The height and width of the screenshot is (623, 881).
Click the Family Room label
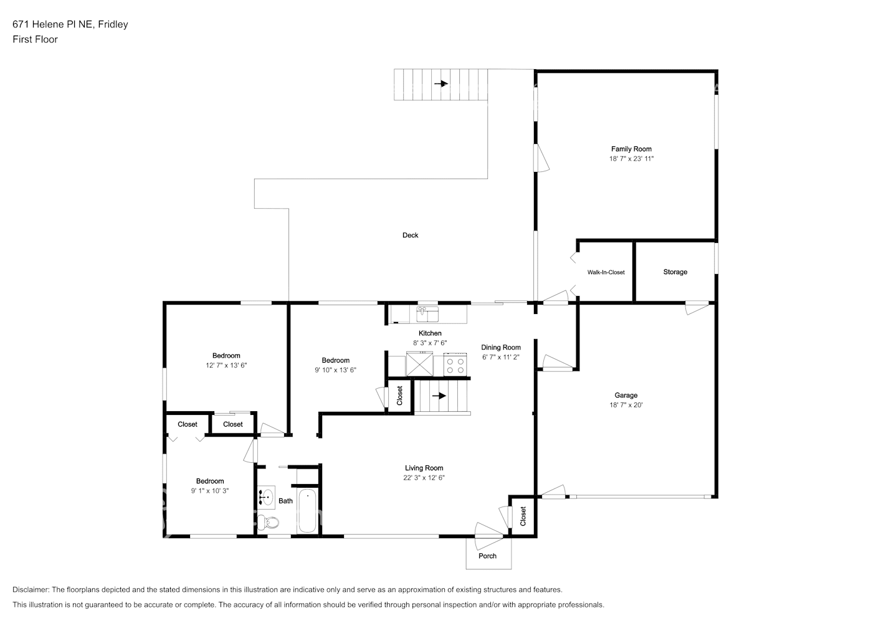(x=631, y=149)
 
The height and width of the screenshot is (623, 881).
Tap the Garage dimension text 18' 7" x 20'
(x=626, y=405)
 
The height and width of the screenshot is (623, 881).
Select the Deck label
(x=410, y=235)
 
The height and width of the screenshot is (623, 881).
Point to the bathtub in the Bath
(x=307, y=511)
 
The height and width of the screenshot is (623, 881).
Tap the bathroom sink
(x=267, y=498)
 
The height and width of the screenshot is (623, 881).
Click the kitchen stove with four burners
(x=455, y=365)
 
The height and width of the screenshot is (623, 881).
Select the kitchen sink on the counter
(x=427, y=315)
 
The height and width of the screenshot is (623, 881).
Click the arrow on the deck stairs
(x=441, y=83)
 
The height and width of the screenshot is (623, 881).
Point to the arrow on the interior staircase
(x=439, y=395)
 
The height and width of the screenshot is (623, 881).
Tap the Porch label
(x=487, y=556)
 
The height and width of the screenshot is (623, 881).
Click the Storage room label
(x=675, y=272)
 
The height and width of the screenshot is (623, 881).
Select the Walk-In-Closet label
(x=606, y=272)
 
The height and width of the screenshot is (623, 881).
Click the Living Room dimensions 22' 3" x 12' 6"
(x=424, y=477)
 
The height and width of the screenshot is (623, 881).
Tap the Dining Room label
(x=501, y=347)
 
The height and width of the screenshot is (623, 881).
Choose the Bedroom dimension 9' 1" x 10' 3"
(x=209, y=491)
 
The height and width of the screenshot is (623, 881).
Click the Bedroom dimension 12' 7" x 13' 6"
(x=226, y=365)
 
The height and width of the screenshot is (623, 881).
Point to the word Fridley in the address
(x=113, y=24)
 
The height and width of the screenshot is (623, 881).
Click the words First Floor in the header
(x=35, y=39)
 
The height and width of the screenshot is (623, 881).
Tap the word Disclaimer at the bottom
(x=31, y=589)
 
